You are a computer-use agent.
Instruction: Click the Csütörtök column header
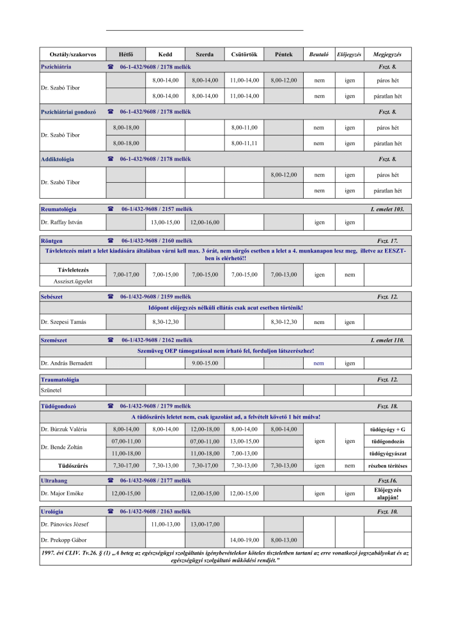(x=244, y=54)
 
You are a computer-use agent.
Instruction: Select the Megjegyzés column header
(x=387, y=54)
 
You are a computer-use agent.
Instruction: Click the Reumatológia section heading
(x=58, y=209)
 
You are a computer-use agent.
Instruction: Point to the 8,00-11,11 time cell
(x=244, y=144)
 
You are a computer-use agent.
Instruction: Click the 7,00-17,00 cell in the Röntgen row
(x=126, y=275)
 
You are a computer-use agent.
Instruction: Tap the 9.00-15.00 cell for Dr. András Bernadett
(x=205, y=363)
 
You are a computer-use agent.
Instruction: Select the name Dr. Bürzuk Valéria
(x=64, y=429)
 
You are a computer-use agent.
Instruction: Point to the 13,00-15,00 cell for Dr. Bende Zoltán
(x=244, y=442)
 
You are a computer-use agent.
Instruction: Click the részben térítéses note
(x=387, y=466)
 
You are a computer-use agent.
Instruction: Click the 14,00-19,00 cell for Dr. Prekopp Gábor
(x=244, y=540)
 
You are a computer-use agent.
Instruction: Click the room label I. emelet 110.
(x=387, y=341)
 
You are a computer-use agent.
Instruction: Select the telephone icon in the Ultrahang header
(x=111, y=480)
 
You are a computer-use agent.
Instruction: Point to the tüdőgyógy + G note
(x=387, y=429)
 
